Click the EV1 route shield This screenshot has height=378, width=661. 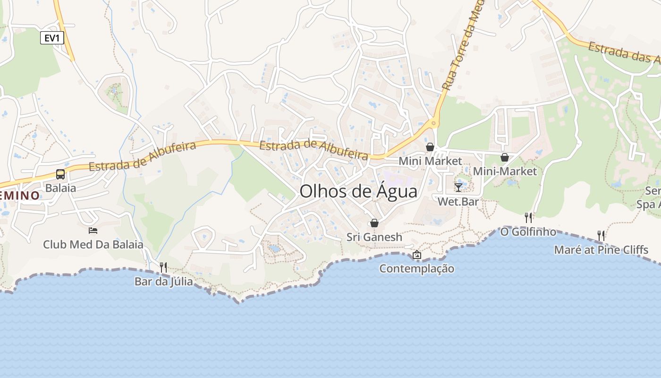click(52, 38)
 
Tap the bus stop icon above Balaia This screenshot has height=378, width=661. click(60, 174)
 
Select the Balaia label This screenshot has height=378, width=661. click(60, 188)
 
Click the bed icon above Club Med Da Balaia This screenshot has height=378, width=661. click(93, 231)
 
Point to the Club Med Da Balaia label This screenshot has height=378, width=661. click(93, 244)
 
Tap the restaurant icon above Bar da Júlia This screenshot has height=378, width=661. click(163, 267)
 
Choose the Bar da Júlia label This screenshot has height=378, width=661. click(163, 282)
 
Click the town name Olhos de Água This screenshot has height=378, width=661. click(358, 191)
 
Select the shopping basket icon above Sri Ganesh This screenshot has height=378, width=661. click(374, 223)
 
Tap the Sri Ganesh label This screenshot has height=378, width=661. click(374, 237)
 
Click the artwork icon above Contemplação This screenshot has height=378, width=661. click(416, 255)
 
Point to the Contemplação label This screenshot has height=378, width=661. click(417, 268)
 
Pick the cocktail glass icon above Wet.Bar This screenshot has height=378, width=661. click(458, 188)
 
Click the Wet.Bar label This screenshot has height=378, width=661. click(458, 202)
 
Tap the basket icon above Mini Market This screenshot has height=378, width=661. click(430, 147)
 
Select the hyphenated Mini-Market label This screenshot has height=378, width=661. click(505, 171)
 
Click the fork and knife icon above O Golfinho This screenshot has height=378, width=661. click(528, 217)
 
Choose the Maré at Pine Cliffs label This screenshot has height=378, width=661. click(601, 249)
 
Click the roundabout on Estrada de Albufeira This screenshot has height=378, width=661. click(433, 124)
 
